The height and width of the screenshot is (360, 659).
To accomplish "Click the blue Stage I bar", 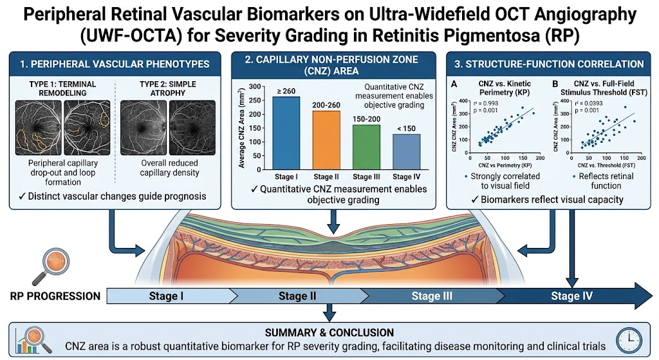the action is tap(286, 133).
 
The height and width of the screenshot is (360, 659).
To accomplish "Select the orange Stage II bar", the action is tap(326, 140).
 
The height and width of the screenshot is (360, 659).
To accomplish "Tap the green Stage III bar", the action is tap(366, 147).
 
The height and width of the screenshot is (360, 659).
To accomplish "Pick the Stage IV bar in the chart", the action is tap(407, 152).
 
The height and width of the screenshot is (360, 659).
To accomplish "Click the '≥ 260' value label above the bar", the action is tap(286, 91).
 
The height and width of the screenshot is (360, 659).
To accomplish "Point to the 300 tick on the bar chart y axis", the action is tap(255, 87).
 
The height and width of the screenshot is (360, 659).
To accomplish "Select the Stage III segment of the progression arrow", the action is tap(432, 296).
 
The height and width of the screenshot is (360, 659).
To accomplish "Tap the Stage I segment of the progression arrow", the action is tap(167, 296).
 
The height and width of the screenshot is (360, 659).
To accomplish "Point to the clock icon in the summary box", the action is tap(629, 340).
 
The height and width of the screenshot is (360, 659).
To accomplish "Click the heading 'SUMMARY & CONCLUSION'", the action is tap(329, 333).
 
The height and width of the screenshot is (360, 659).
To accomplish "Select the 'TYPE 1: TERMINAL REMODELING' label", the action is tap(62, 88).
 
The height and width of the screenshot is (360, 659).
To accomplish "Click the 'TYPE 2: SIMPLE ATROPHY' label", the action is tap(168, 88).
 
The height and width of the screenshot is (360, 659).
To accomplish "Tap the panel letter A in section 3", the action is tap(454, 84).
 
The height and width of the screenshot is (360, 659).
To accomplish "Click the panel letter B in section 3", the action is tap(555, 84).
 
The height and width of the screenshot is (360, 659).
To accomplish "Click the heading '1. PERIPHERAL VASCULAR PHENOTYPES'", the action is tap(115, 64).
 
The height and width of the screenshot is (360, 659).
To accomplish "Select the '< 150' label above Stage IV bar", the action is tap(406, 129).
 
